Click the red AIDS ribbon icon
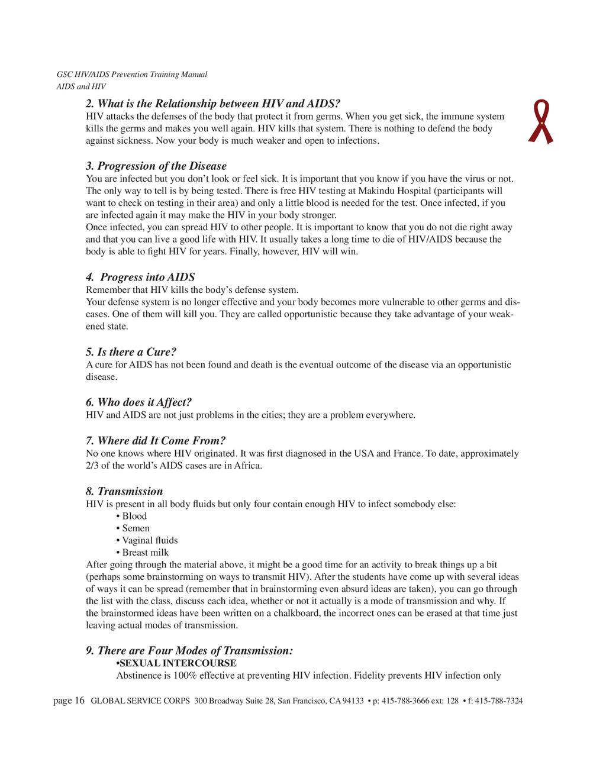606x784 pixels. point(540,122)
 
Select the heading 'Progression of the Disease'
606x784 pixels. point(156,166)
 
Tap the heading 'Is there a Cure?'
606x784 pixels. point(131,352)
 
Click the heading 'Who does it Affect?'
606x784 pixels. point(139,402)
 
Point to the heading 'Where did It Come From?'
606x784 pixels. point(156,441)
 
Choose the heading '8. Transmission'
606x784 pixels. point(124,491)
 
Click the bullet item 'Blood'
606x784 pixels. point(134,516)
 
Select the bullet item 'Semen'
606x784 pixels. point(136,528)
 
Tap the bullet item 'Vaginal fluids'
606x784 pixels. point(150,540)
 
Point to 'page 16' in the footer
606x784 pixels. point(69,701)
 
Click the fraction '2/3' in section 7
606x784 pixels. point(92,466)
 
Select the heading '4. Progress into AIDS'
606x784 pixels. point(141,278)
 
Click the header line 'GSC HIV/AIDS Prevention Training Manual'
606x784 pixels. point(131,75)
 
